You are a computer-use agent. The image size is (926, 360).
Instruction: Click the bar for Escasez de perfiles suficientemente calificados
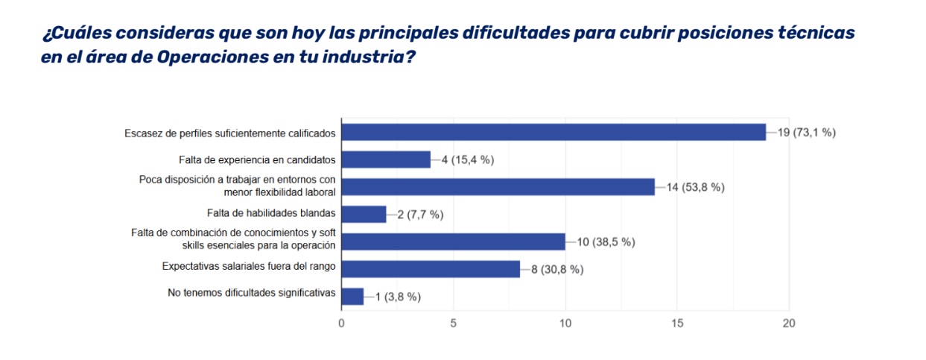(x=554, y=133)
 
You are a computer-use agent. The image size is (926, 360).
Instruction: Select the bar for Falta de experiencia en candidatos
(x=386, y=160)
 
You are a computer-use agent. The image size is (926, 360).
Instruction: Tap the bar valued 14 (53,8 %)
(x=498, y=187)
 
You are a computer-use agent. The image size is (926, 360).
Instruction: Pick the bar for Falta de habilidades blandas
(x=364, y=215)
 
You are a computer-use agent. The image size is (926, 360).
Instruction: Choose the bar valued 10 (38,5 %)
(x=453, y=241)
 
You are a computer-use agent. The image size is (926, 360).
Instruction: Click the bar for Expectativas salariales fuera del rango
(x=431, y=269)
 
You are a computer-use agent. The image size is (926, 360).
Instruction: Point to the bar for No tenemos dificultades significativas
(x=352, y=297)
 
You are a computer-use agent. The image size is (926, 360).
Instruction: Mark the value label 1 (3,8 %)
(x=398, y=297)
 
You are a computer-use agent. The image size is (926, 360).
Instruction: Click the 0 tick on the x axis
(x=341, y=323)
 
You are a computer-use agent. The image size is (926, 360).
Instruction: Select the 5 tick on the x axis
(x=453, y=323)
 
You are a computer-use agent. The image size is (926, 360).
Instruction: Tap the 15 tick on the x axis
(x=677, y=323)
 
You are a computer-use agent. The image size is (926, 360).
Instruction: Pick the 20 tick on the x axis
(x=789, y=323)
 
